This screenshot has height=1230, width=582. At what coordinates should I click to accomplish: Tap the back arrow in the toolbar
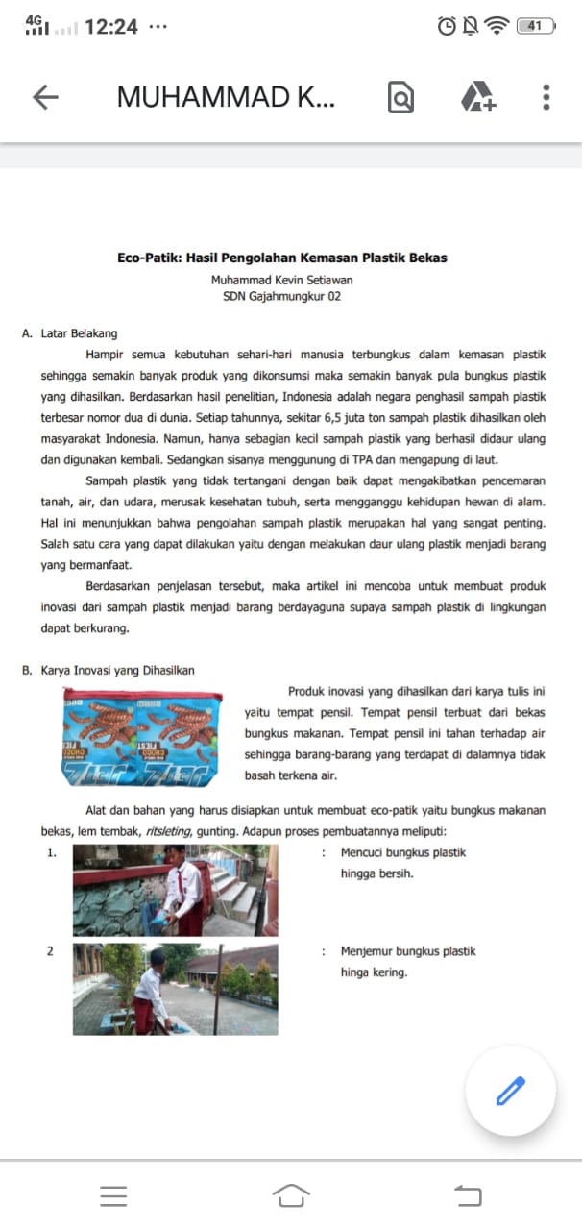pyautogui.click(x=45, y=97)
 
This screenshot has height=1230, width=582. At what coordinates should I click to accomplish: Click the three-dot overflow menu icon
pyautogui.click(x=546, y=97)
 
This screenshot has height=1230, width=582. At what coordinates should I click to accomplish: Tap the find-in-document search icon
pyautogui.click(x=400, y=98)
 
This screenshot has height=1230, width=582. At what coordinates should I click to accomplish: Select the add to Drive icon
pyautogui.click(x=477, y=98)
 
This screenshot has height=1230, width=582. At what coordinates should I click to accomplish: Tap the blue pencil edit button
pyautogui.click(x=510, y=1091)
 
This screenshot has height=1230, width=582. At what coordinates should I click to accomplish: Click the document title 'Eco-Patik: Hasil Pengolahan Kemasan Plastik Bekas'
pyautogui.click(x=282, y=258)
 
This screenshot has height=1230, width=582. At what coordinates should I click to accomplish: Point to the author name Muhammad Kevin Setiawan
pyautogui.click(x=282, y=281)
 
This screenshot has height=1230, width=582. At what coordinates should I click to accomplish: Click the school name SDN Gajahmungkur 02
pyautogui.click(x=282, y=297)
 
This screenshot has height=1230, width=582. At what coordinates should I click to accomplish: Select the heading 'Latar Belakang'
pyautogui.click(x=79, y=333)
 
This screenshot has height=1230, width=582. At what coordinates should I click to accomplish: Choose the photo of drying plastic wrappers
pyautogui.click(x=175, y=989)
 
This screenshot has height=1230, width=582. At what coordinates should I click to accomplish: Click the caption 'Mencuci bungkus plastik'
pyautogui.click(x=403, y=852)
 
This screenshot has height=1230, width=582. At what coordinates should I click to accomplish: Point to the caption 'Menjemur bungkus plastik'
pyautogui.click(x=408, y=951)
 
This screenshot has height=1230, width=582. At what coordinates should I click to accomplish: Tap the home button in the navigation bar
pyautogui.click(x=291, y=1194)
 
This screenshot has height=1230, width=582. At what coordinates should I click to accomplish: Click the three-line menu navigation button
pyautogui.click(x=113, y=1195)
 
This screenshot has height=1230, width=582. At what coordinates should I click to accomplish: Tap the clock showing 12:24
pyautogui.click(x=110, y=27)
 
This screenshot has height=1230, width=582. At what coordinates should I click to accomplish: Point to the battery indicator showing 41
pyautogui.click(x=536, y=27)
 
